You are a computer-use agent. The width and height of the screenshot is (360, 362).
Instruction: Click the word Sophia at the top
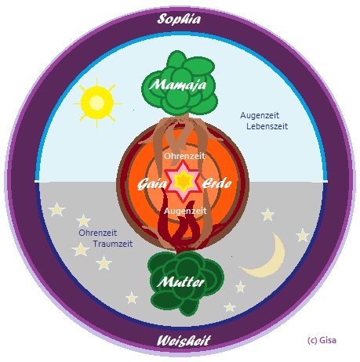[179, 20]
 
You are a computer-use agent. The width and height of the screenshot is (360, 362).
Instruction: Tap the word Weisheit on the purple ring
[184, 341]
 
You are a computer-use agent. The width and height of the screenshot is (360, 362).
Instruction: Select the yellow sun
[97, 103]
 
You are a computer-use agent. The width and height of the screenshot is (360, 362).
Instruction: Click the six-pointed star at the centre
[184, 181]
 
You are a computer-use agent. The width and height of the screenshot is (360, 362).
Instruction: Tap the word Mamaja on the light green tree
[177, 85]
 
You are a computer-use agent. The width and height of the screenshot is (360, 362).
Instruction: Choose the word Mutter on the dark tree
[180, 282]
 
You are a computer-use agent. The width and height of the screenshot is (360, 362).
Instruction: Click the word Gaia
[152, 184]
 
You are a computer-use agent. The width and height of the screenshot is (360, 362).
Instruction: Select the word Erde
[216, 183]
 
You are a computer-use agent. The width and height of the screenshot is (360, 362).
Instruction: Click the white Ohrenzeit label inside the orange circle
[184, 156]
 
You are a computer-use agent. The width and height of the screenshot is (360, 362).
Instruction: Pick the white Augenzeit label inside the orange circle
[185, 211]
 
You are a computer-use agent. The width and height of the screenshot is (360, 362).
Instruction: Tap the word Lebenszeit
[267, 126]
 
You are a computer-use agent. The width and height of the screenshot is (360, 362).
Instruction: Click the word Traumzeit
[113, 244]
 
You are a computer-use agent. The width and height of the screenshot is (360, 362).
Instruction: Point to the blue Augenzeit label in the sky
[260, 115]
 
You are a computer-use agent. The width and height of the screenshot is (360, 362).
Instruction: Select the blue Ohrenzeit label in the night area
[98, 233]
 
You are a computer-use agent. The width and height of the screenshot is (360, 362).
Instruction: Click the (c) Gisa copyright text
[322, 340]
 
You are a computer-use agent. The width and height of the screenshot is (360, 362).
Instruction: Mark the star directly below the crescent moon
[240, 287]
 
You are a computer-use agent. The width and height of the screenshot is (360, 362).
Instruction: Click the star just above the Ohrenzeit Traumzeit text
[83, 221]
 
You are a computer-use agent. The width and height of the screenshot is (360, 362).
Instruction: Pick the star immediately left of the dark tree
[132, 298]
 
